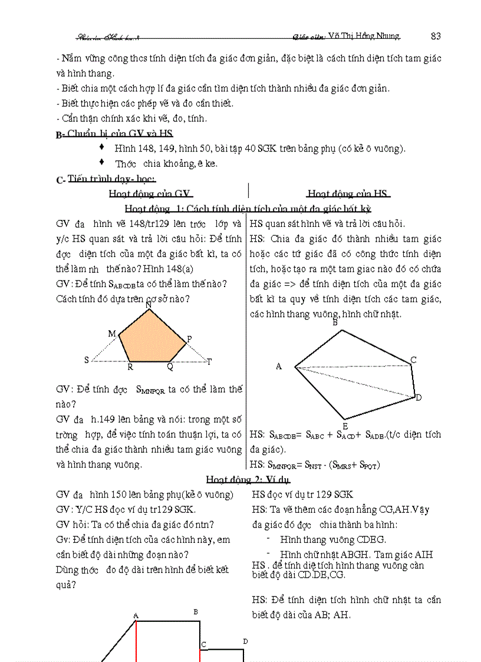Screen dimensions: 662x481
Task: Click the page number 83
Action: click(x=436, y=35)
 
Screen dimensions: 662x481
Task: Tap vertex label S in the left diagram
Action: click(x=87, y=360)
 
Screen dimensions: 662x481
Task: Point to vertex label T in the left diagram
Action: click(x=209, y=361)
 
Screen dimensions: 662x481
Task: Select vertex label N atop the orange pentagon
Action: click(x=148, y=305)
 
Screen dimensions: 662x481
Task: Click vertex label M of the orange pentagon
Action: click(x=112, y=334)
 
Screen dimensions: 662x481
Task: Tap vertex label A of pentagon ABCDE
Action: click(x=279, y=367)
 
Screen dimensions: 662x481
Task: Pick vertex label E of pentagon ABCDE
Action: click(x=345, y=426)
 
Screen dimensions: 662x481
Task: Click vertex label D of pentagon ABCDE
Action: click(x=419, y=398)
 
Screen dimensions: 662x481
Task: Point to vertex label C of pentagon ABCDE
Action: click(x=414, y=360)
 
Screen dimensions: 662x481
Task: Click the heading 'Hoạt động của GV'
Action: click(x=151, y=193)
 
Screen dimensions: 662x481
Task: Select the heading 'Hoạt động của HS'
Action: click(x=348, y=193)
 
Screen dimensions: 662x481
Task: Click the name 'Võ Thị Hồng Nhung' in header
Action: click(x=363, y=36)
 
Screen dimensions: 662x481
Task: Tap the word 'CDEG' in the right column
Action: click(x=371, y=539)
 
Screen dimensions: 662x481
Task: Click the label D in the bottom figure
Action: click(x=245, y=641)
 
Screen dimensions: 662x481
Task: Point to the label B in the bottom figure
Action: click(x=196, y=612)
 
